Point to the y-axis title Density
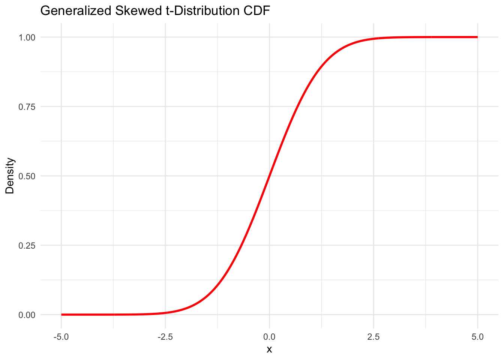[10, 176]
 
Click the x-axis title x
[269, 349]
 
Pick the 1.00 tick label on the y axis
[27, 37]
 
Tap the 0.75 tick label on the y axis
[27, 106]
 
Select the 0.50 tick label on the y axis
[27, 176]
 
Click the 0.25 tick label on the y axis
[27, 245]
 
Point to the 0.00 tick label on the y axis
[27, 315]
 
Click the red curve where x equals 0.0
[269, 176]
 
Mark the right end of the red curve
[477, 37]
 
